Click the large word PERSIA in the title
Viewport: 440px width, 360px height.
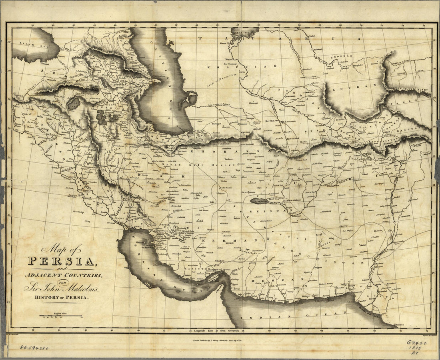[x=61, y=261]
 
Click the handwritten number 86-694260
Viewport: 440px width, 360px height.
[x=34, y=348]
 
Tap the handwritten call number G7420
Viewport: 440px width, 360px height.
[x=417, y=343]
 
